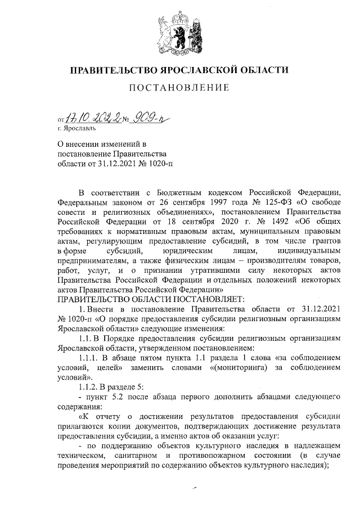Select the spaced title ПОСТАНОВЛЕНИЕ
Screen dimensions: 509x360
(179, 88)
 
